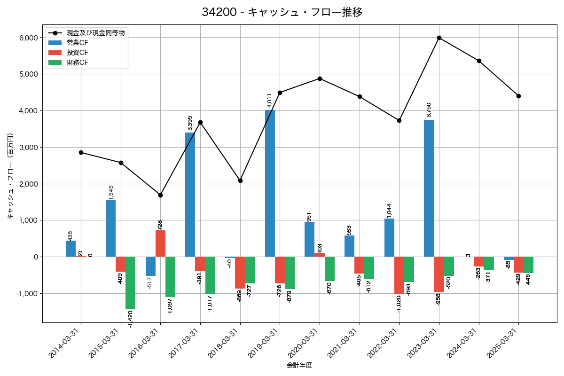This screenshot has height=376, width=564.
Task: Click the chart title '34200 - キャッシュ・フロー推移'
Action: (x=282, y=12)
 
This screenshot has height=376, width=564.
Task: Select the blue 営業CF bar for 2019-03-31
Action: (x=270, y=183)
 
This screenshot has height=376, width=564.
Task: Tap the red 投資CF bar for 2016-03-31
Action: (x=160, y=243)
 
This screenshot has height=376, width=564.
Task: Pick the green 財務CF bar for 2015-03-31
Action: (x=130, y=282)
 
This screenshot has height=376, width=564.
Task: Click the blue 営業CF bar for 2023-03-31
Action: (x=429, y=188)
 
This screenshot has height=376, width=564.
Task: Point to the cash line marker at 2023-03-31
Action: (x=439, y=38)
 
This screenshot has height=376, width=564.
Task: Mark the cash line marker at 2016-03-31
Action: (x=160, y=195)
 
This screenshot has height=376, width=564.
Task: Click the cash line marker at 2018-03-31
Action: (x=240, y=180)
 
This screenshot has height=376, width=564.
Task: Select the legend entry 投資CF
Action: (x=77, y=52)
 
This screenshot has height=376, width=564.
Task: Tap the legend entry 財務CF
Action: (x=77, y=62)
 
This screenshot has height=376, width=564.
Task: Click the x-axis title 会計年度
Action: (x=299, y=365)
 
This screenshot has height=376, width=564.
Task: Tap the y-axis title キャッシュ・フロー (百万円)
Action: (x=10, y=176)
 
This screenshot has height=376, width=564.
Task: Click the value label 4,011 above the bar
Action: (x=270, y=100)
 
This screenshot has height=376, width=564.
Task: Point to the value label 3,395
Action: (x=190, y=123)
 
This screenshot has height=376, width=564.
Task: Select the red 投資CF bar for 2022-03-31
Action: (x=399, y=275)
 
